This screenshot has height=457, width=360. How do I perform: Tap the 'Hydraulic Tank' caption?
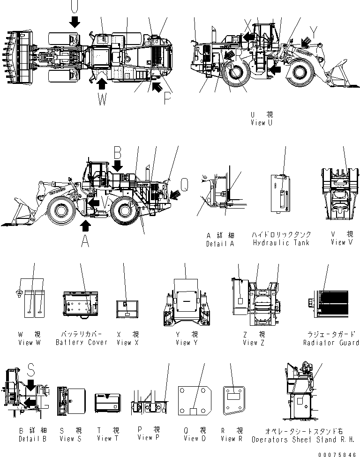281,242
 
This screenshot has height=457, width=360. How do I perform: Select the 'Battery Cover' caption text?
81,342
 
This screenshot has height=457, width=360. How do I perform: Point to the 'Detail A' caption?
220,243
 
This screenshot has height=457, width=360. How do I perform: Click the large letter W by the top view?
102,100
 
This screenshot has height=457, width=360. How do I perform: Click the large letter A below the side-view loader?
85,241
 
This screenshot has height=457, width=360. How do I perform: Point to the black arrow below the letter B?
117,165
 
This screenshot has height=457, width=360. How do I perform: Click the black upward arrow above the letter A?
85,226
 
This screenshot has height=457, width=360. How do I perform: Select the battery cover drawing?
80,306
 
